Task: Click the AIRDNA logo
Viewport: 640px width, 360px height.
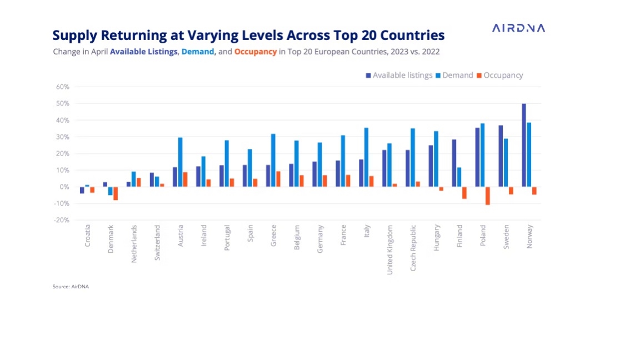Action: tap(518, 28)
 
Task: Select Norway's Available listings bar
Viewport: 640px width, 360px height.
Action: tap(524, 145)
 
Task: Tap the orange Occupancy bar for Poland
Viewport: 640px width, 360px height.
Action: tap(487, 196)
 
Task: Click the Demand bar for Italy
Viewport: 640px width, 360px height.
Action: tap(366, 157)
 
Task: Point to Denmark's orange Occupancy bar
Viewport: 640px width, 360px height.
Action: tap(116, 193)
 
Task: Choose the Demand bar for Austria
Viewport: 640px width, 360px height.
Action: tap(180, 162)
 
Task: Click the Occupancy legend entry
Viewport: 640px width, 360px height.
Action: tap(499, 75)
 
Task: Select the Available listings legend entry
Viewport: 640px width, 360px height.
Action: tap(399, 75)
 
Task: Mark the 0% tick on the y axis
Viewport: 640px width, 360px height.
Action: tap(63, 187)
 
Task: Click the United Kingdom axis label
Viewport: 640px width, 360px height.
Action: tap(390, 249)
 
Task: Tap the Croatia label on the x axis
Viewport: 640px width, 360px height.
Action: tap(88, 236)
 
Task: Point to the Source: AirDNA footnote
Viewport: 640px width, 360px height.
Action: tap(71, 287)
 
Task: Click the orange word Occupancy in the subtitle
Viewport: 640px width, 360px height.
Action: tap(255, 52)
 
